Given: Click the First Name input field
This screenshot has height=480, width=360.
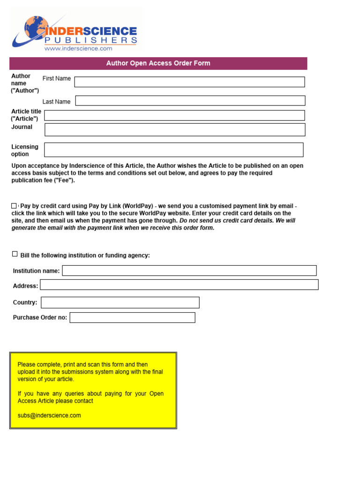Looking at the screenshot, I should click(x=189, y=82).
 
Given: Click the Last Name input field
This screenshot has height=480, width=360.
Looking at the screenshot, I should click(x=190, y=101).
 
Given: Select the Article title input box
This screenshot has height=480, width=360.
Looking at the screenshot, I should click(x=174, y=115).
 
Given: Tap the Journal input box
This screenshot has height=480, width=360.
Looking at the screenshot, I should click(x=175, y=130).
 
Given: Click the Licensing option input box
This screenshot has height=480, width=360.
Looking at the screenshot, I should click(x=173, y=150).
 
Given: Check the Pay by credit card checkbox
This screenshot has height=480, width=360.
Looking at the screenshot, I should click(x=14, y=206).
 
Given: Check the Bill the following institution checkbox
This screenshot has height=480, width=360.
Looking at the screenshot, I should click(x=15, y=254).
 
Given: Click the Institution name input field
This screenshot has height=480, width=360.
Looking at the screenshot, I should click(x=189, y=270).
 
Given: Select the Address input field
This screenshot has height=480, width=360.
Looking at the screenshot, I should click(x=179, y=285).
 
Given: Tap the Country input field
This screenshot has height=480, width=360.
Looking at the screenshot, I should click(x=120, y=302).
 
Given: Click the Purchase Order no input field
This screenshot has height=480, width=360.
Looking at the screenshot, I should click(x=132, y=317).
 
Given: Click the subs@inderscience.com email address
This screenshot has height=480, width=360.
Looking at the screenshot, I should click(x=49, y=415).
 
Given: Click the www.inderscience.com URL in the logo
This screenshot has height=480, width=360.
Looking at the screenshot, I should click(x=78, y=48).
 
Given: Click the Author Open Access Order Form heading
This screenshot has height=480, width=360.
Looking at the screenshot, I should click(x=158, y=63).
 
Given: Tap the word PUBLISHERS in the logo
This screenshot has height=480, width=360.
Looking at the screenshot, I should click(x=90, y=40).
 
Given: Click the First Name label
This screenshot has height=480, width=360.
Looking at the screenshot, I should click(x=57, y=79).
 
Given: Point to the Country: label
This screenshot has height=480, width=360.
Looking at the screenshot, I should click(x=25, y=303).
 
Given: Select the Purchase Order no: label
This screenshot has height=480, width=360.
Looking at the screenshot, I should click(x=40, y=318).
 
